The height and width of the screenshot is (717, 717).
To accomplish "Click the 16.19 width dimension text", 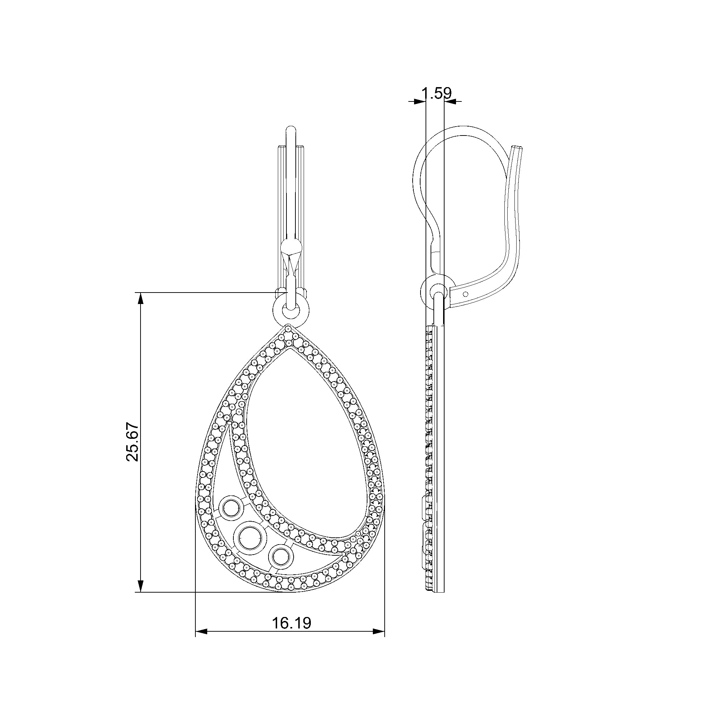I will tap(292, 623).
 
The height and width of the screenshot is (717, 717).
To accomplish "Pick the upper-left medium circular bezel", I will tap(231, 508).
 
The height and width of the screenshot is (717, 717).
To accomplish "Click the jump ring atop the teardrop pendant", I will tap(291, 309).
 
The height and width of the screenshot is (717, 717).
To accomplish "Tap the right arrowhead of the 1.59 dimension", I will tap(450, 101).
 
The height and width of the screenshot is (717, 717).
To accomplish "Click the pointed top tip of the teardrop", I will tap(288, 328).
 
